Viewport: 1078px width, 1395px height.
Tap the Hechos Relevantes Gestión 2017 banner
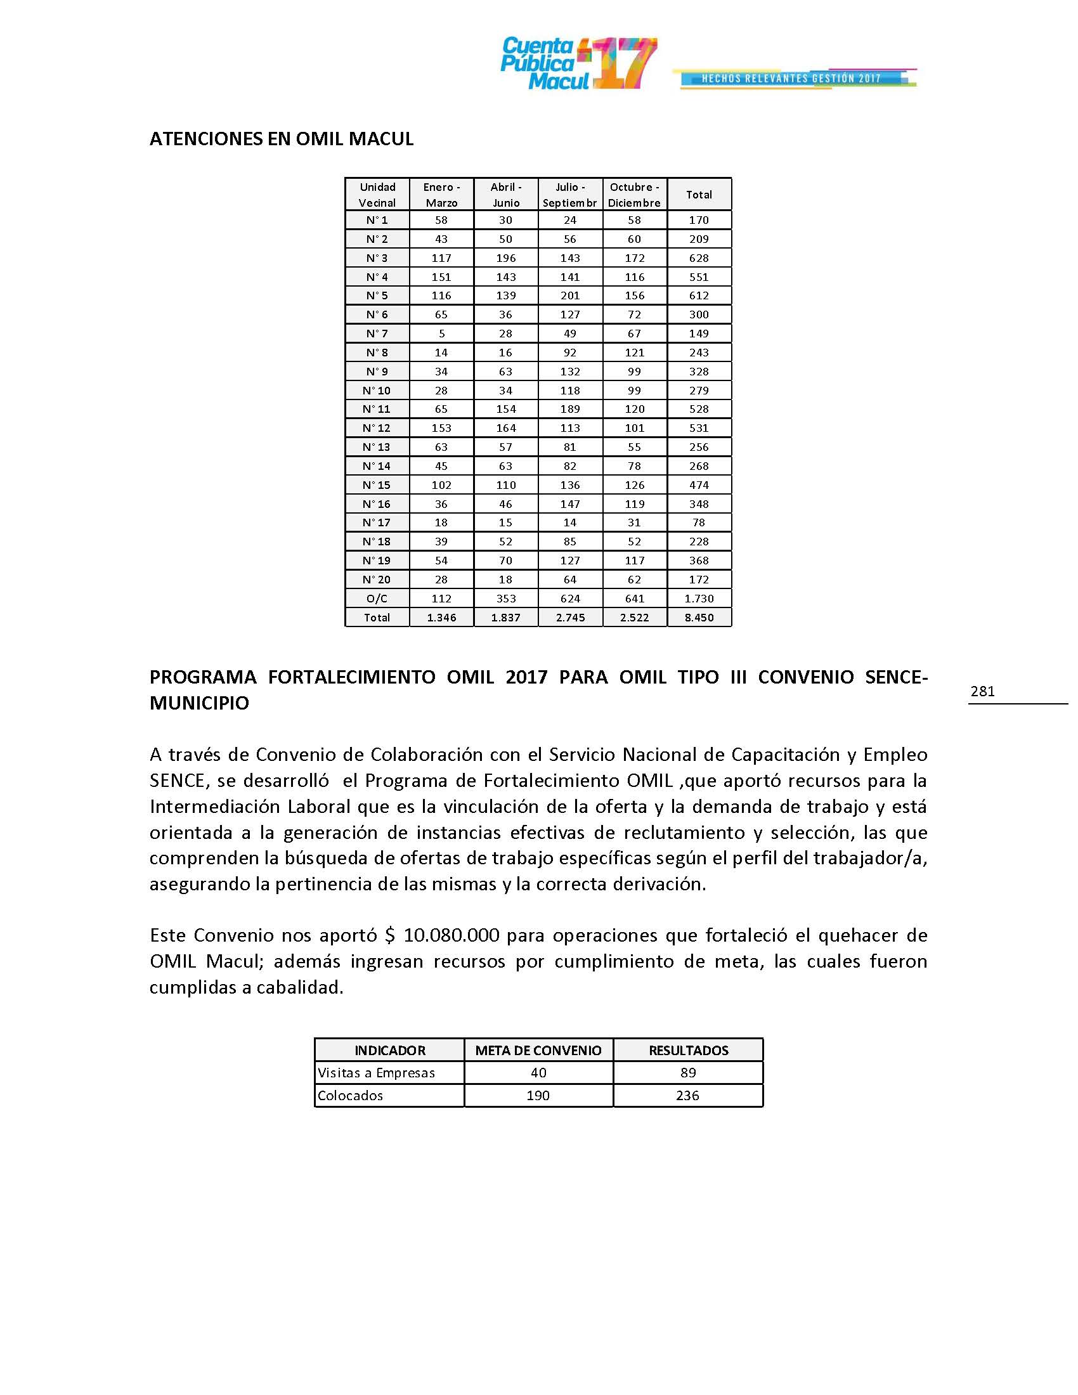[x=795, y=79]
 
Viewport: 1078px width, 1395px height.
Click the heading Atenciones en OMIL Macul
[x=281, y=139]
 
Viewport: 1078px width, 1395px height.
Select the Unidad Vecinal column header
[x=377, y=195]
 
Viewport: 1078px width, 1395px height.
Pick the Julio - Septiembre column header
[x=569, y=195]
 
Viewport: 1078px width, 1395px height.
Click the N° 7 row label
[x=377, y=334]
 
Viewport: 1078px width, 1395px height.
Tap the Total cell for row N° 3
[x=699, y=258]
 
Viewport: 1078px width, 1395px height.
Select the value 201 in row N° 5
[x=569, y=295]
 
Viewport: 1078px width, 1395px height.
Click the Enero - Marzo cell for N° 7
[x=441, y=334]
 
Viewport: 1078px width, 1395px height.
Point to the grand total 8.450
[x=699, y=618]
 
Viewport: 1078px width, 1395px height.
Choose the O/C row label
[x=377, y=599]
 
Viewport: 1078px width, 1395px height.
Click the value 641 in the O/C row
[x=634, y=599]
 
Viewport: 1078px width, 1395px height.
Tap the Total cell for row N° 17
[x=699, y=522]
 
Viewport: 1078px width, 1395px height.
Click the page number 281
[x=982, y=691]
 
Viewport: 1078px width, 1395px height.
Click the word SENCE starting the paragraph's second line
[x=176, y=781]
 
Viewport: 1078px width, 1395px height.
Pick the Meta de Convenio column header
[x=538, y=1051]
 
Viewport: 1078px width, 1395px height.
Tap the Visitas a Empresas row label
[x=376, y=1073]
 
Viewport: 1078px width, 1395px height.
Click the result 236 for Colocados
[x=687, y=1096]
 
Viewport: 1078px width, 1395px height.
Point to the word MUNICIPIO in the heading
[x=199, y=703]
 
